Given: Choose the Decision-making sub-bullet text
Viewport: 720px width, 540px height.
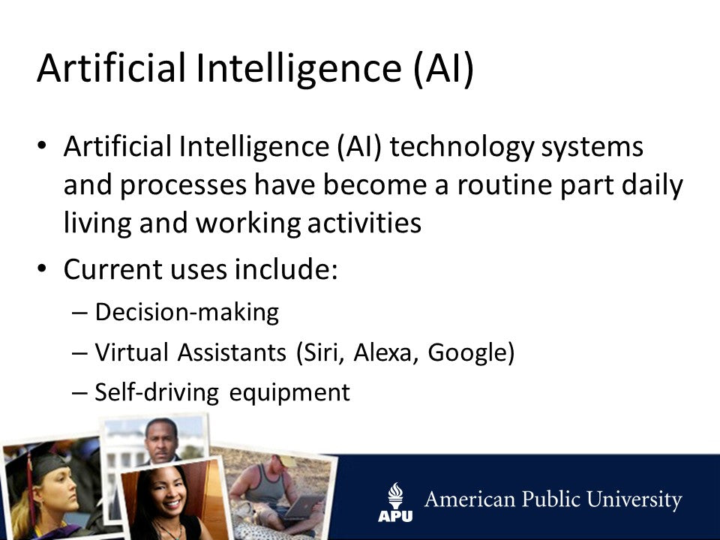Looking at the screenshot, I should (x=187, y=312).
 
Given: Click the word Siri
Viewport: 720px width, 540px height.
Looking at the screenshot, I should (x=323, y=352).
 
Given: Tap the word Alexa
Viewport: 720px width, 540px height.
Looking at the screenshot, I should (x=387, y=352).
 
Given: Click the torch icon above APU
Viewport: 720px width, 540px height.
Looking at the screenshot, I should (x=395, y=494).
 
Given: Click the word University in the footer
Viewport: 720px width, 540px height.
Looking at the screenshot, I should (x=636, y=501).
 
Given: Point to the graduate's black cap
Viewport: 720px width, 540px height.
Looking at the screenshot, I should (x=34, y=461).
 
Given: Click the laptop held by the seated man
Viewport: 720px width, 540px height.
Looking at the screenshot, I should (x=304, y=508).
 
